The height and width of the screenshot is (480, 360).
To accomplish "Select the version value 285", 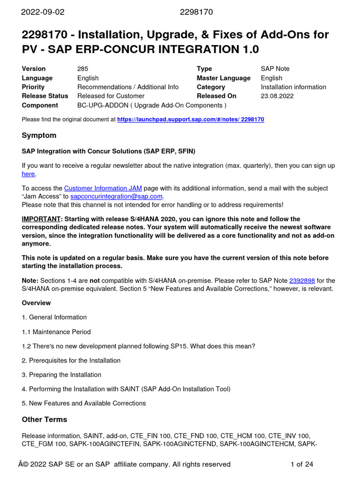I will pyautogui.click(x=82, y=69).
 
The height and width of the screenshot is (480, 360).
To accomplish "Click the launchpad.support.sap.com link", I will pyautogui.click(x=190, y=120).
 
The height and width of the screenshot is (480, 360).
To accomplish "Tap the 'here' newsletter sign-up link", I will pyautogui.click(x=28, y=174).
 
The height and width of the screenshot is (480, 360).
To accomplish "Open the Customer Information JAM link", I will pyautogui.click(x=103, y=188).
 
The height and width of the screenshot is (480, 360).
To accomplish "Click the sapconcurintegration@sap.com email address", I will pyautogui.click(x=116, y=196).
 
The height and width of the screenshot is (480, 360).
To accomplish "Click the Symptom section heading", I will pyautogui.click(x=39, y=135).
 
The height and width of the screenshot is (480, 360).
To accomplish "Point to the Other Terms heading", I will pyautogui.click(x=45, y=420).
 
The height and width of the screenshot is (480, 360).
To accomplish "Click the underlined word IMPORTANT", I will pyautogui.click(x=42, y=219).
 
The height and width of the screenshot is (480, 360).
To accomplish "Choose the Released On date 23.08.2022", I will pyautogui.click(x=277, y=96).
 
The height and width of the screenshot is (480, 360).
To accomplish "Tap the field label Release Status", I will pyautogui.click(x=45, y=96).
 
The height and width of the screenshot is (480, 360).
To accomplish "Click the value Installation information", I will pyautogui.click(x=293, y=87).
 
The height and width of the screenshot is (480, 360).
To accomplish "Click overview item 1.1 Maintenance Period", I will pyautogui.click(x=56, y=332).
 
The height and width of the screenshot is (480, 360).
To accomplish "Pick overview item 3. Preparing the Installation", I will pyautogui.click(x=61, y=375).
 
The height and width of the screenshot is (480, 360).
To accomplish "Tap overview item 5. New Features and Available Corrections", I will pyautogui.click(x=84, y=404).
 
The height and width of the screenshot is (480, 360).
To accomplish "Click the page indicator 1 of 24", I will pyautogui.click(x=302, y=465).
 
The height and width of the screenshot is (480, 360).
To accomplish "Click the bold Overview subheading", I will pyautogui.click(x=36, y=303).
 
